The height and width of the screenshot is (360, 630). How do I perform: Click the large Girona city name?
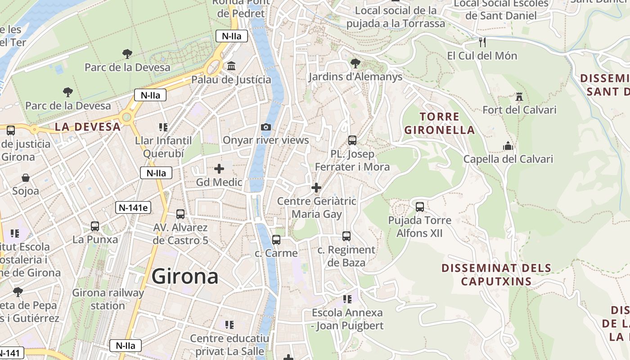pyautogui.click(x=185, y=276)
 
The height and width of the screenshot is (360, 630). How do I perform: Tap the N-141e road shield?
pyautogui.click(x=133, y=207)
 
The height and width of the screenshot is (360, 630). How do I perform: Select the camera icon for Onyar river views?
pyautogui.click(x=266, y=127)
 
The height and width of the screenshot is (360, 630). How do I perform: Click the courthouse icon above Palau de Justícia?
pyautogui.click(x=231, y=66)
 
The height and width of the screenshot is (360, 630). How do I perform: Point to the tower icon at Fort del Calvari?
pyautogui.click(x=519, y=97)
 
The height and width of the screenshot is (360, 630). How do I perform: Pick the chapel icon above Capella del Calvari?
pyautogui.click(x=508, y=146)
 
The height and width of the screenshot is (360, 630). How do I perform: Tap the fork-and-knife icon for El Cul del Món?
pyautogui.click(x=482, y=42)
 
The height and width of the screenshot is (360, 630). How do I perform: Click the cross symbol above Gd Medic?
pyautogui.click(x=219, y=169)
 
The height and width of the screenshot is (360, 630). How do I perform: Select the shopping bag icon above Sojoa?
pyautogui.click(x=26, y=178)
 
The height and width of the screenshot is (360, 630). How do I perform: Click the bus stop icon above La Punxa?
pyautogui.click(x=95, y=226)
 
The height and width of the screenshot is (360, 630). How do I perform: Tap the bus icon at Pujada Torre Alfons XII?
pyautogui.click(x=420, y=207)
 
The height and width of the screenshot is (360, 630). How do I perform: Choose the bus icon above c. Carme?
pyautogui.click(x=276, y=240)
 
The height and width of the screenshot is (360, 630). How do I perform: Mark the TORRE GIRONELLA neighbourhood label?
pyautogui.click(x=439, y=123)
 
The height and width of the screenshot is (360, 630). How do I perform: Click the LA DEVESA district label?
pyautogui.click(x=88, y=127)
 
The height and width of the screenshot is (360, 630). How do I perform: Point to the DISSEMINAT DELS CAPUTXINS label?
pyautogui.click(x=496, y=274)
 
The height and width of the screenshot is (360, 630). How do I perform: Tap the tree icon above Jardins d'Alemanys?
pyautogui.click(x=355, y=63)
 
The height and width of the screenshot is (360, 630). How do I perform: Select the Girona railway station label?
pyautogui.click(x=108, y=299)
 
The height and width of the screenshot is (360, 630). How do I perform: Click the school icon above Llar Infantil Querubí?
pyautogui.click(x=163, y=127)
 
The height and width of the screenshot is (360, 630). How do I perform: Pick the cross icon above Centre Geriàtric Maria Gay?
pyautogui.click(x=316, y=188)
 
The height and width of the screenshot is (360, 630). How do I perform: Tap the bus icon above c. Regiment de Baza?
pyautogui.click(x=346, y=236)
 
